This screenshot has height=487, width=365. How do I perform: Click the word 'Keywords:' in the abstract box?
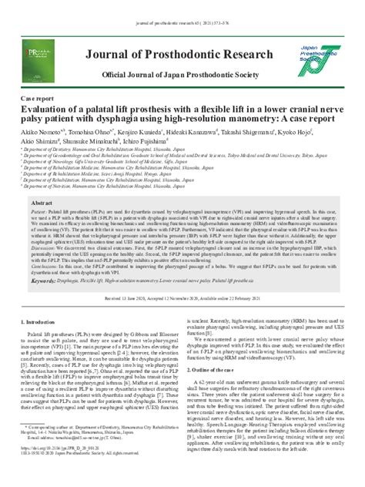[47, 283]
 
